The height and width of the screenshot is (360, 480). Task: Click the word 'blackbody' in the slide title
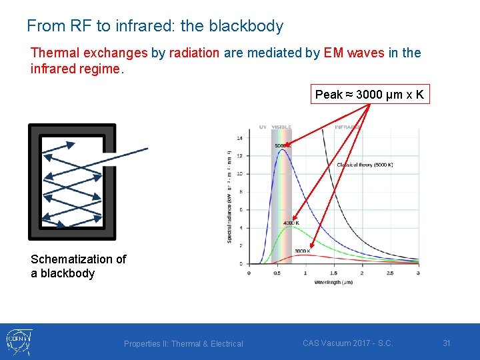tap(246, 26)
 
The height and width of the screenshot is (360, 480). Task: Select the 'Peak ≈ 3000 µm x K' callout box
tap(369, 95)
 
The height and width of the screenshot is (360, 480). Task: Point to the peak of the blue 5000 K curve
tap(284, 150)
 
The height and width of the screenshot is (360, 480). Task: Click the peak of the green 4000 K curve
tap(288, 227)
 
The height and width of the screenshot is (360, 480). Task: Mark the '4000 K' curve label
tap(291, 223)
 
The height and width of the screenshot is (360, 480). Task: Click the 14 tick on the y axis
tap(240, 138)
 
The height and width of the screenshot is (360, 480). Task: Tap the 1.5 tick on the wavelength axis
tap(333, 273)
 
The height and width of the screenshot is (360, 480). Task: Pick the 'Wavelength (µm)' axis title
tap(333, 282)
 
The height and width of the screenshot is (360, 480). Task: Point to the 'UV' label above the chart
tap(263, 127)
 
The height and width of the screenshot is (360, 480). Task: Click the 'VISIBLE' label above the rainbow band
tap(281, 127)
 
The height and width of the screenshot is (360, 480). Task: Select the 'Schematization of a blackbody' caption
tap(78, 266)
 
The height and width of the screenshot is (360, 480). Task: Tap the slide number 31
tap(447, 343)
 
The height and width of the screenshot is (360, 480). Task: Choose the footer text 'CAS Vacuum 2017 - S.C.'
tap(347, 343)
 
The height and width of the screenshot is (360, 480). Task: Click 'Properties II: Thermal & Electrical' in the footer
tap(183, 343)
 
